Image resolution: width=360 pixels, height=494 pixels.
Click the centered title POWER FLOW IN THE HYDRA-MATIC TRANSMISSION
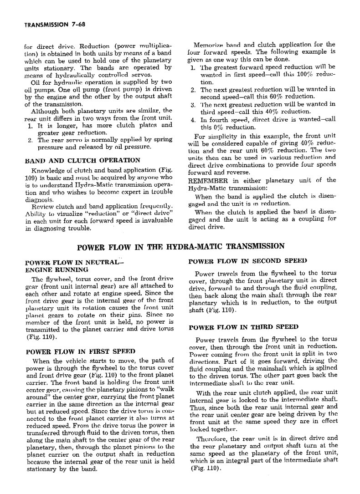point(181,247)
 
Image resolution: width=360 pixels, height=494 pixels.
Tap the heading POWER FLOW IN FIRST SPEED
point(80,351)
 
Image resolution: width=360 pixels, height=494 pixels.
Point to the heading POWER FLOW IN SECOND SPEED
point(247,261)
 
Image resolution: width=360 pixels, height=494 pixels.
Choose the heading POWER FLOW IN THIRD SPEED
point(243,327)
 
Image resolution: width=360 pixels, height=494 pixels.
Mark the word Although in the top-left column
point(46,111)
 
